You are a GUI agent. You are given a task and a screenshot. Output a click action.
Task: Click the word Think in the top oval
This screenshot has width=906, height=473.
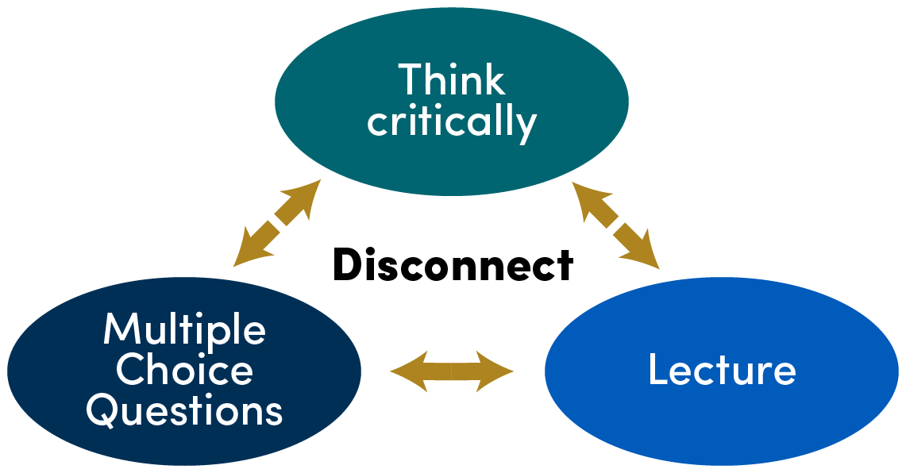tap(451, 80)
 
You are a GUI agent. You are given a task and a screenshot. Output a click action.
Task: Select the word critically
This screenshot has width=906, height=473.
tap(452, 122)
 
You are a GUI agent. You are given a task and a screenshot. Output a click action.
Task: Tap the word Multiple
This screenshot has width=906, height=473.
tap(184, 329)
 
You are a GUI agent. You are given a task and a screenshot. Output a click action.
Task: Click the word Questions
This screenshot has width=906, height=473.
tap(184, 411)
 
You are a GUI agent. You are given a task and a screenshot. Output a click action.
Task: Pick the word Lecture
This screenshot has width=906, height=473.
tap(721, 370)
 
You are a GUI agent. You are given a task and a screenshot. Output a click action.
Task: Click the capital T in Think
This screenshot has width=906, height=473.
tap(410, 80)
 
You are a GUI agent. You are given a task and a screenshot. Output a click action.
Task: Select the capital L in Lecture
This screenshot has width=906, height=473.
tap(657, 370)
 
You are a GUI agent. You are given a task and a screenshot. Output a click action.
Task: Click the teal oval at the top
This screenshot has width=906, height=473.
tap(451, 159)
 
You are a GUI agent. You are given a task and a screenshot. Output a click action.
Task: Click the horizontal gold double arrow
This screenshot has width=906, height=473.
tap(452, 370)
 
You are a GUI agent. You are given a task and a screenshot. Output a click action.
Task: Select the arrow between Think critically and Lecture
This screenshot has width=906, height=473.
tap(616, 224)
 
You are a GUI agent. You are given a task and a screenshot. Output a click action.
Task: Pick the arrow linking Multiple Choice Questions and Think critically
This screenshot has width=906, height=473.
tap(277, 222)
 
